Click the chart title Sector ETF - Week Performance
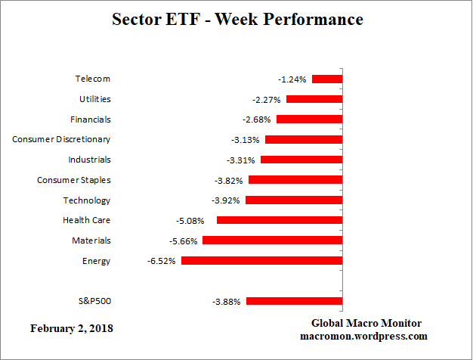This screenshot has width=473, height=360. [237, 19]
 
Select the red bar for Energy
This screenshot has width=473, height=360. [262, 260]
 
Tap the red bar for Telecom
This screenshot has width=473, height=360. [327, 79]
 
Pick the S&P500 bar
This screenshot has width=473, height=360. [295, 301]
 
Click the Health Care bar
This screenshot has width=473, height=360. [280, 220]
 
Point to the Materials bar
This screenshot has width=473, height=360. [273, 240]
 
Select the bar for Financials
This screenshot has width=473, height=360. [310, 119]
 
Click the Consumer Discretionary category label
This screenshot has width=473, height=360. [61, 139]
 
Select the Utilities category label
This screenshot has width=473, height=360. [95, 99]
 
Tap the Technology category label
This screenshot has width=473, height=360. [86, 200]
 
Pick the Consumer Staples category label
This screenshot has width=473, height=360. [74, 180]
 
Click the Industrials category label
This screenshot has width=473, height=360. [89, 160]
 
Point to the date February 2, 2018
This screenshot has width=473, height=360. [73, 329]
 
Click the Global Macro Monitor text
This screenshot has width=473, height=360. [366, 323]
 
